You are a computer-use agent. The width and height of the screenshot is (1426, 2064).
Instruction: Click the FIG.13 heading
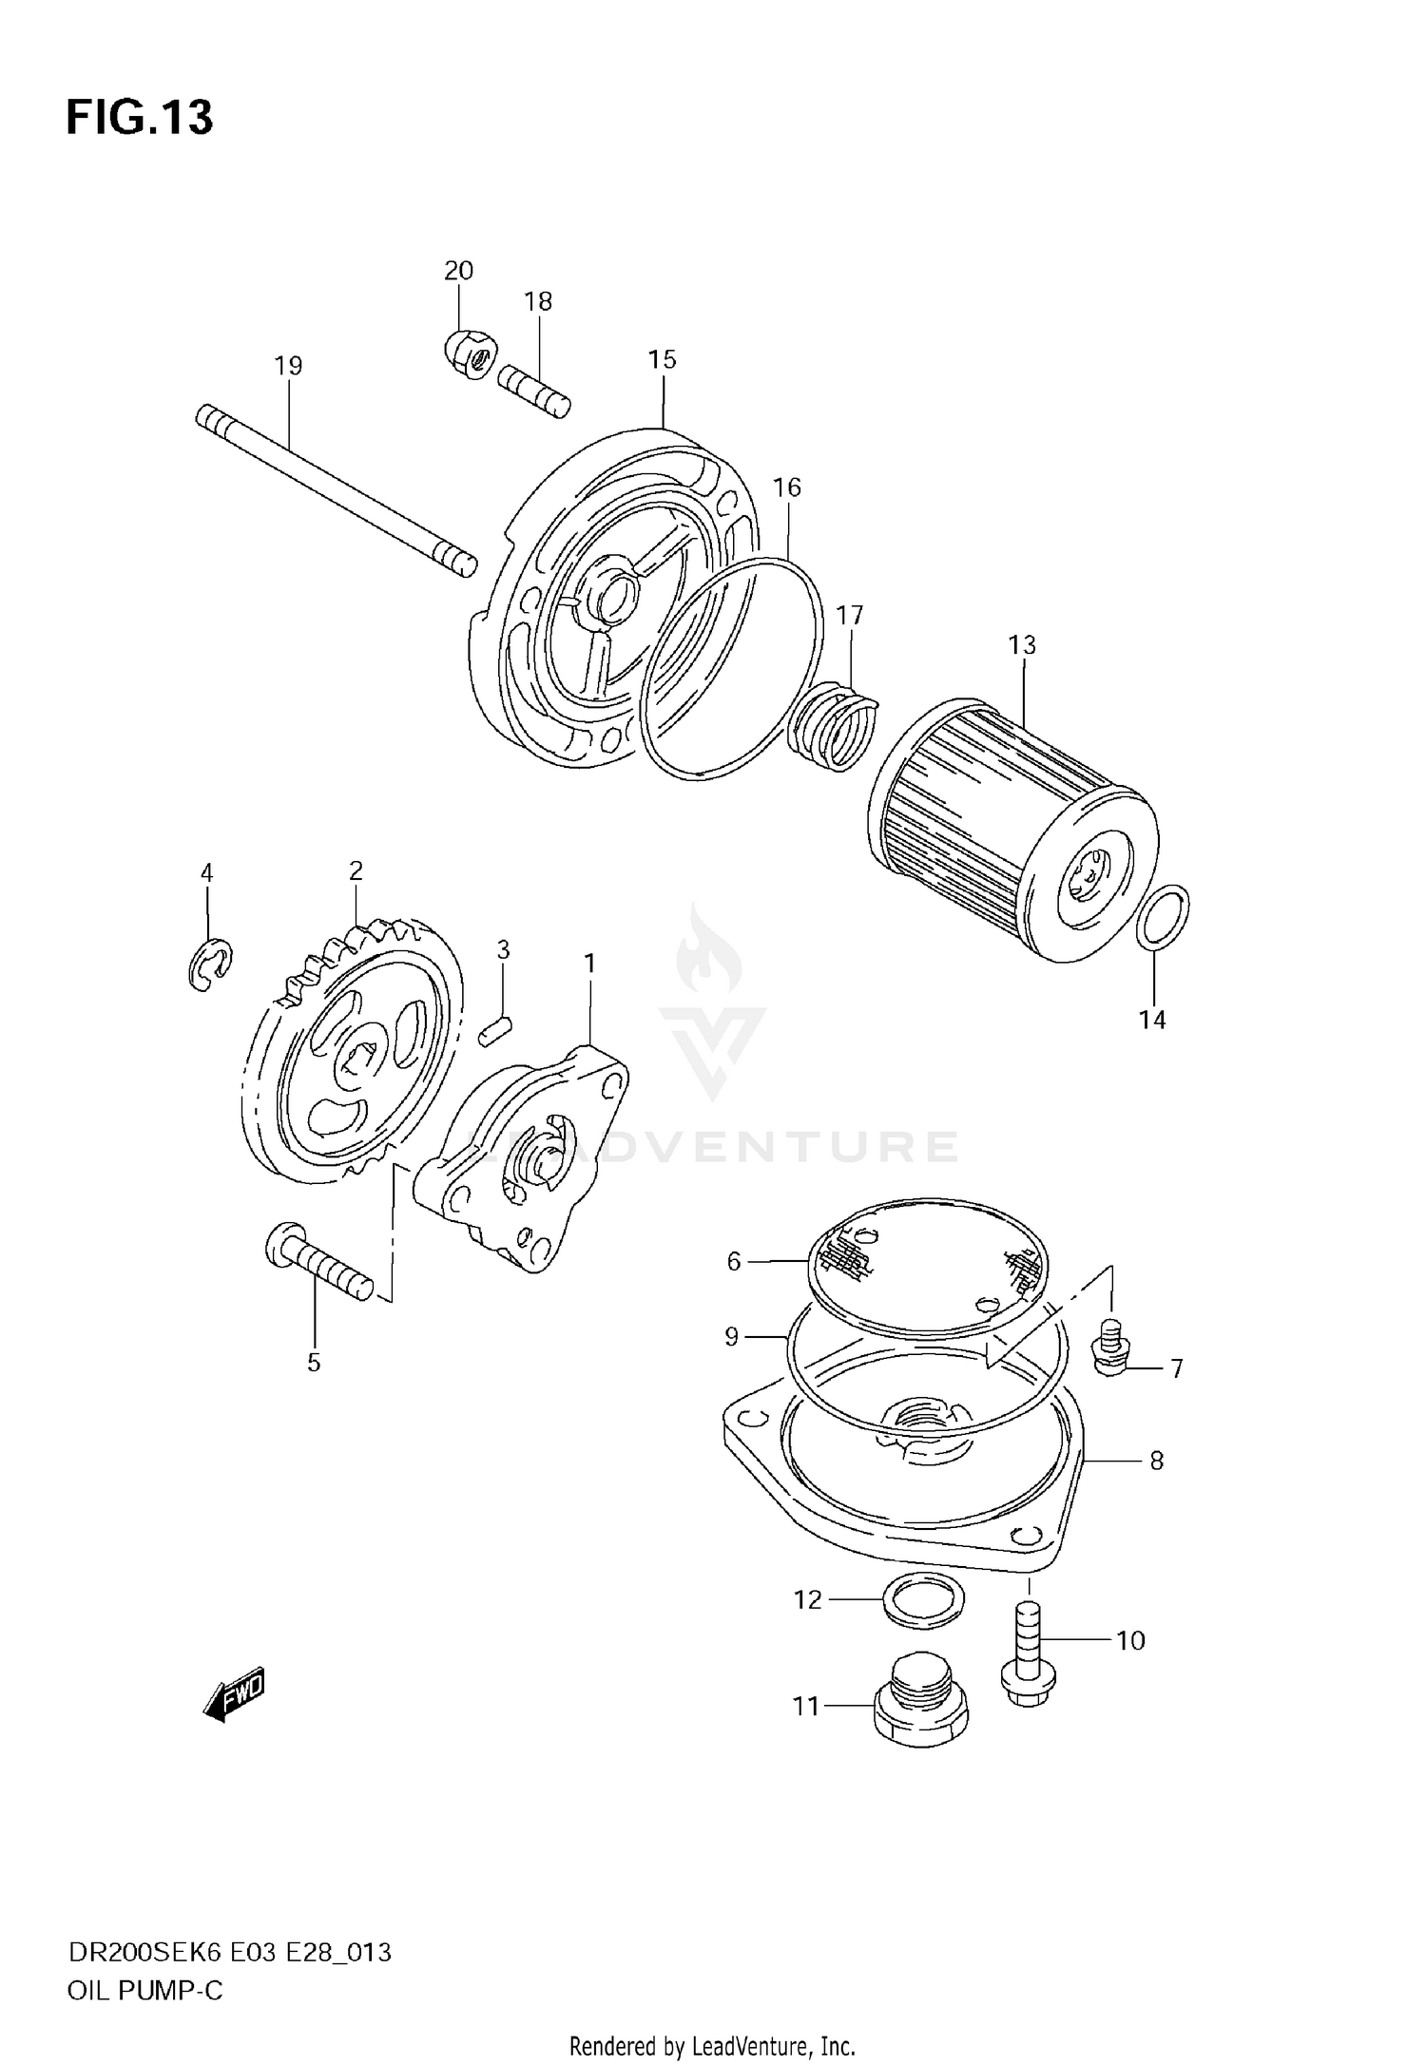pos(140,118)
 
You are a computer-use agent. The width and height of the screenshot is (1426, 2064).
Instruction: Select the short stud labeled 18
pos(533,392)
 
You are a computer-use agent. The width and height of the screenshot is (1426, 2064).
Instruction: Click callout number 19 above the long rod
pos(287,366)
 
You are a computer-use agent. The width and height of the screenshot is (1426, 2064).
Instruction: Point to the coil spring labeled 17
pos(835,729)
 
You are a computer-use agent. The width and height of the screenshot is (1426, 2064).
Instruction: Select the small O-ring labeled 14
pos(1162,917)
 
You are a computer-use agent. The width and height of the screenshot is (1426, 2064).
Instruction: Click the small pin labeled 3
pos(495,1030)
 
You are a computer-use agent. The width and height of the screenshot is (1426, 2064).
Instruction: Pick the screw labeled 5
pos(318,1261)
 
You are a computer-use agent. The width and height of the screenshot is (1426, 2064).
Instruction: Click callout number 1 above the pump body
pos(589,964)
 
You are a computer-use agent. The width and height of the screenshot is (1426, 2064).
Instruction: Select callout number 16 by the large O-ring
pos(786,487)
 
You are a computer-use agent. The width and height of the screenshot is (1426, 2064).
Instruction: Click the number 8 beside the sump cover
pos(1156,1461)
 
